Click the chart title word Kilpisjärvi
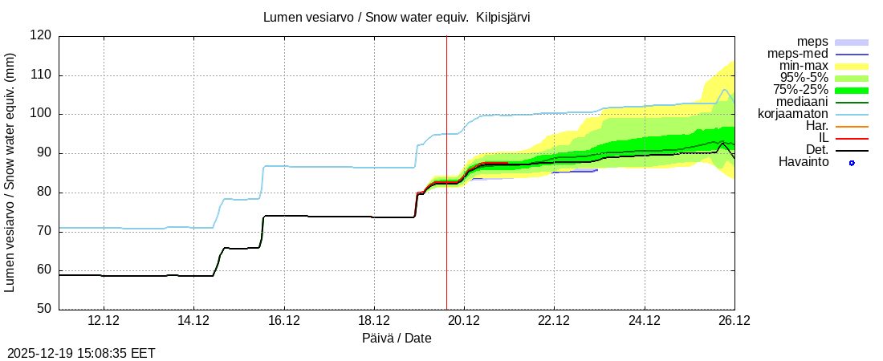click(503, 17)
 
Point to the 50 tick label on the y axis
click(44, 309)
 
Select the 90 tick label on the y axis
click(44, 153)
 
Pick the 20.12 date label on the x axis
click(464, 321)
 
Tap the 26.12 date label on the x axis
click(734, 321)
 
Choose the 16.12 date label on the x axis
click(283, 321)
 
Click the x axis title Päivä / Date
click(397, 338)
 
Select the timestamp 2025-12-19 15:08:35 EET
click(81, 353)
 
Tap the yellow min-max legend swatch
click(852, 66)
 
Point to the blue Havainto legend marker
click(852, 163)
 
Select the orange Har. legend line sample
click(852, 127)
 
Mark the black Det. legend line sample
click(852, 151)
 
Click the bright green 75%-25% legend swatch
click(852, 90)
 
